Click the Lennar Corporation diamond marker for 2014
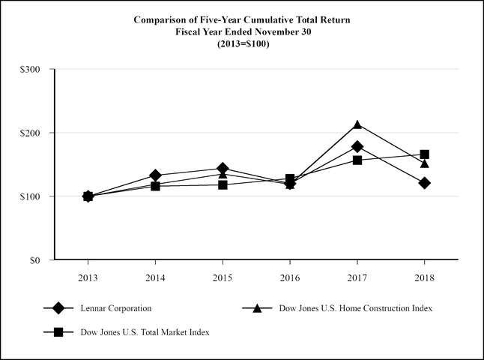pyautogui.click(x=155, y=175)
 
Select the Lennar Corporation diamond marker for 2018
pyautogui.click(x=425, y=183)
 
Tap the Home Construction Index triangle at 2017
pyautogui.click(x=357, y=124)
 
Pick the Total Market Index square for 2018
pyautogui.click(x=425, y=154)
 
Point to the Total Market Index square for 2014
pyautogui.click(x=155, y=186)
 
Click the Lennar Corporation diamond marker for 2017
pyautogui.click(x=357, y=146)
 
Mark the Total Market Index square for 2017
pyautogui.click(x=357, y=160)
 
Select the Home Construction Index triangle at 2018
pyautogui.click(x=425, y=163)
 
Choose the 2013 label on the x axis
pyautogui.click(x=88, y=276)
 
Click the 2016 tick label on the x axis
pyautogui.click(x=290, y=276)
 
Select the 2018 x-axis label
pyautogui.click(x=425, y=276)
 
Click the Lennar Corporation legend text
pyautogui.click(x=117, y=308)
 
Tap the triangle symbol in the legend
pyautogui.click(x=257, y=308)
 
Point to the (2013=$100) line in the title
pyautogui.click(x=242, y=43)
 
